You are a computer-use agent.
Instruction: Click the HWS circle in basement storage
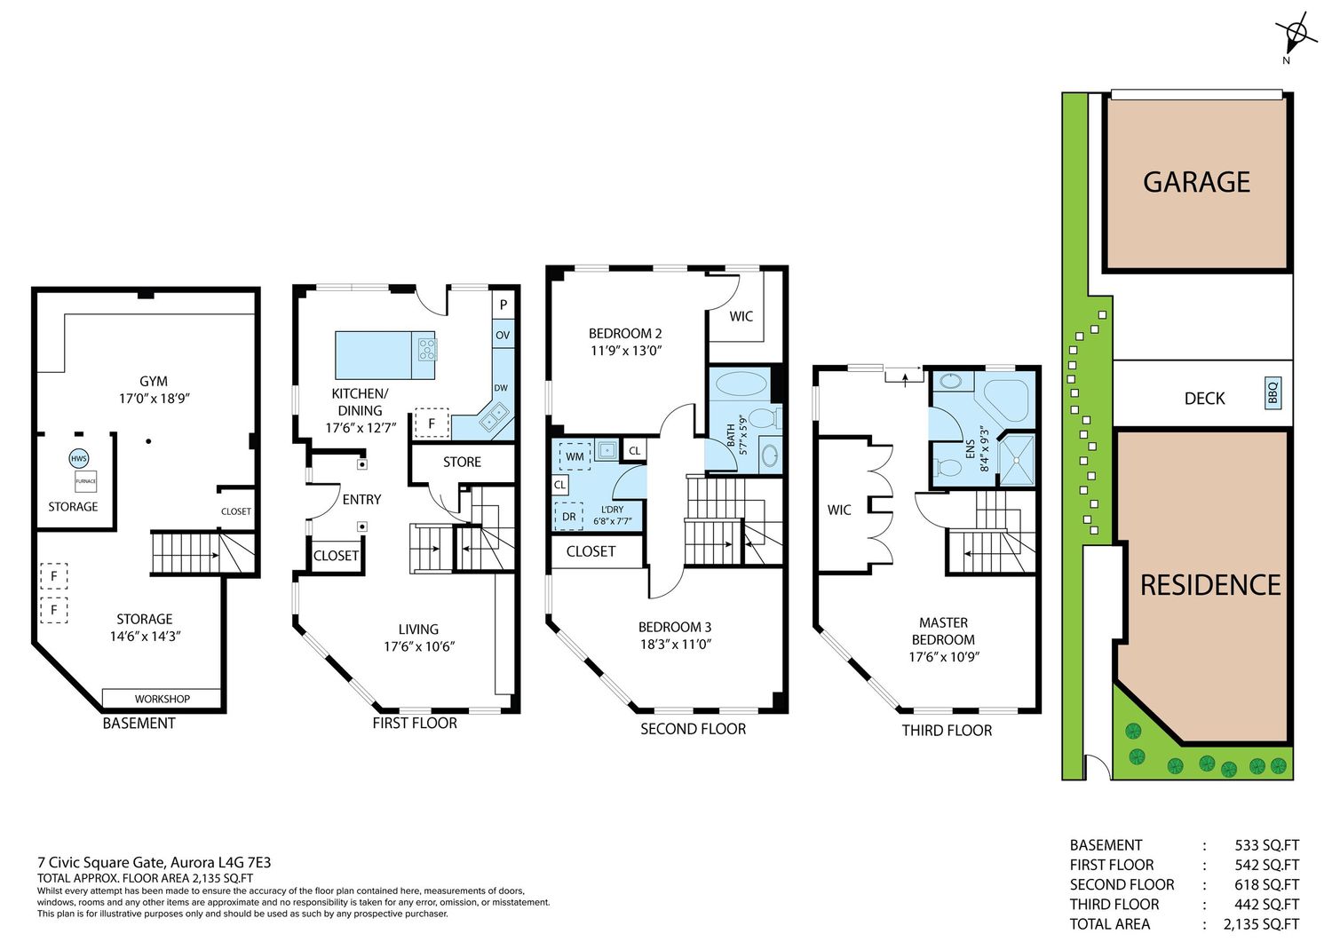[x=78, y=458]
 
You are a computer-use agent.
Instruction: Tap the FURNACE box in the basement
[x=85, y=481]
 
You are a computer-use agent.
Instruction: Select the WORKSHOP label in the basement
[x=162, y=699]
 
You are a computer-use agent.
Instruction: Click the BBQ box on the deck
[x=1273, y=393]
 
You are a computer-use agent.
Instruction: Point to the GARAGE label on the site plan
[x=1196, y=182]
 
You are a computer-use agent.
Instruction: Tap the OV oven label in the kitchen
[x=503, y=335]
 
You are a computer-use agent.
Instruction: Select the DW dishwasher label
[x=501, y=388]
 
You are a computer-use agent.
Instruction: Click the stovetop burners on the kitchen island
[x=427, y=349]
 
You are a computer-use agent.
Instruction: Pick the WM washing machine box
[x=575, y=456]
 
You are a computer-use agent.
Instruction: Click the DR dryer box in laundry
[x=568, y=516]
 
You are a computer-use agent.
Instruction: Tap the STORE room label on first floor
[x=462, y=462]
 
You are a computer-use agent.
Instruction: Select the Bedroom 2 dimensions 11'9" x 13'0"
[x=626, y=351]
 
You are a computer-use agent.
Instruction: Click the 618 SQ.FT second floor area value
[x=1266, y=884]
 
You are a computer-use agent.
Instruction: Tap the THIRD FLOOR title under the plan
[x=947, y=731]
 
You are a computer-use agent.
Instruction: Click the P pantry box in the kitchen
[x=503, y=305]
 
